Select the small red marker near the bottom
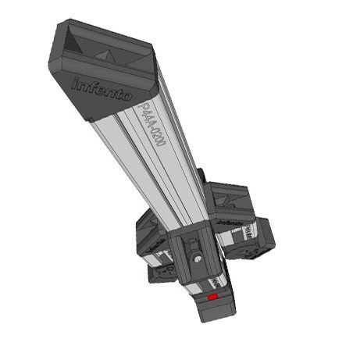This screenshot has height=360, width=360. click(x=212, y=298)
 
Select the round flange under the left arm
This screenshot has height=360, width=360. click(x=164, y=274)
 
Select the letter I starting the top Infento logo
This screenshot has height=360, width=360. click(x=76, y=81)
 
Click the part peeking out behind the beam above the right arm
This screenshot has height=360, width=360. click(x=201, y=176)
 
